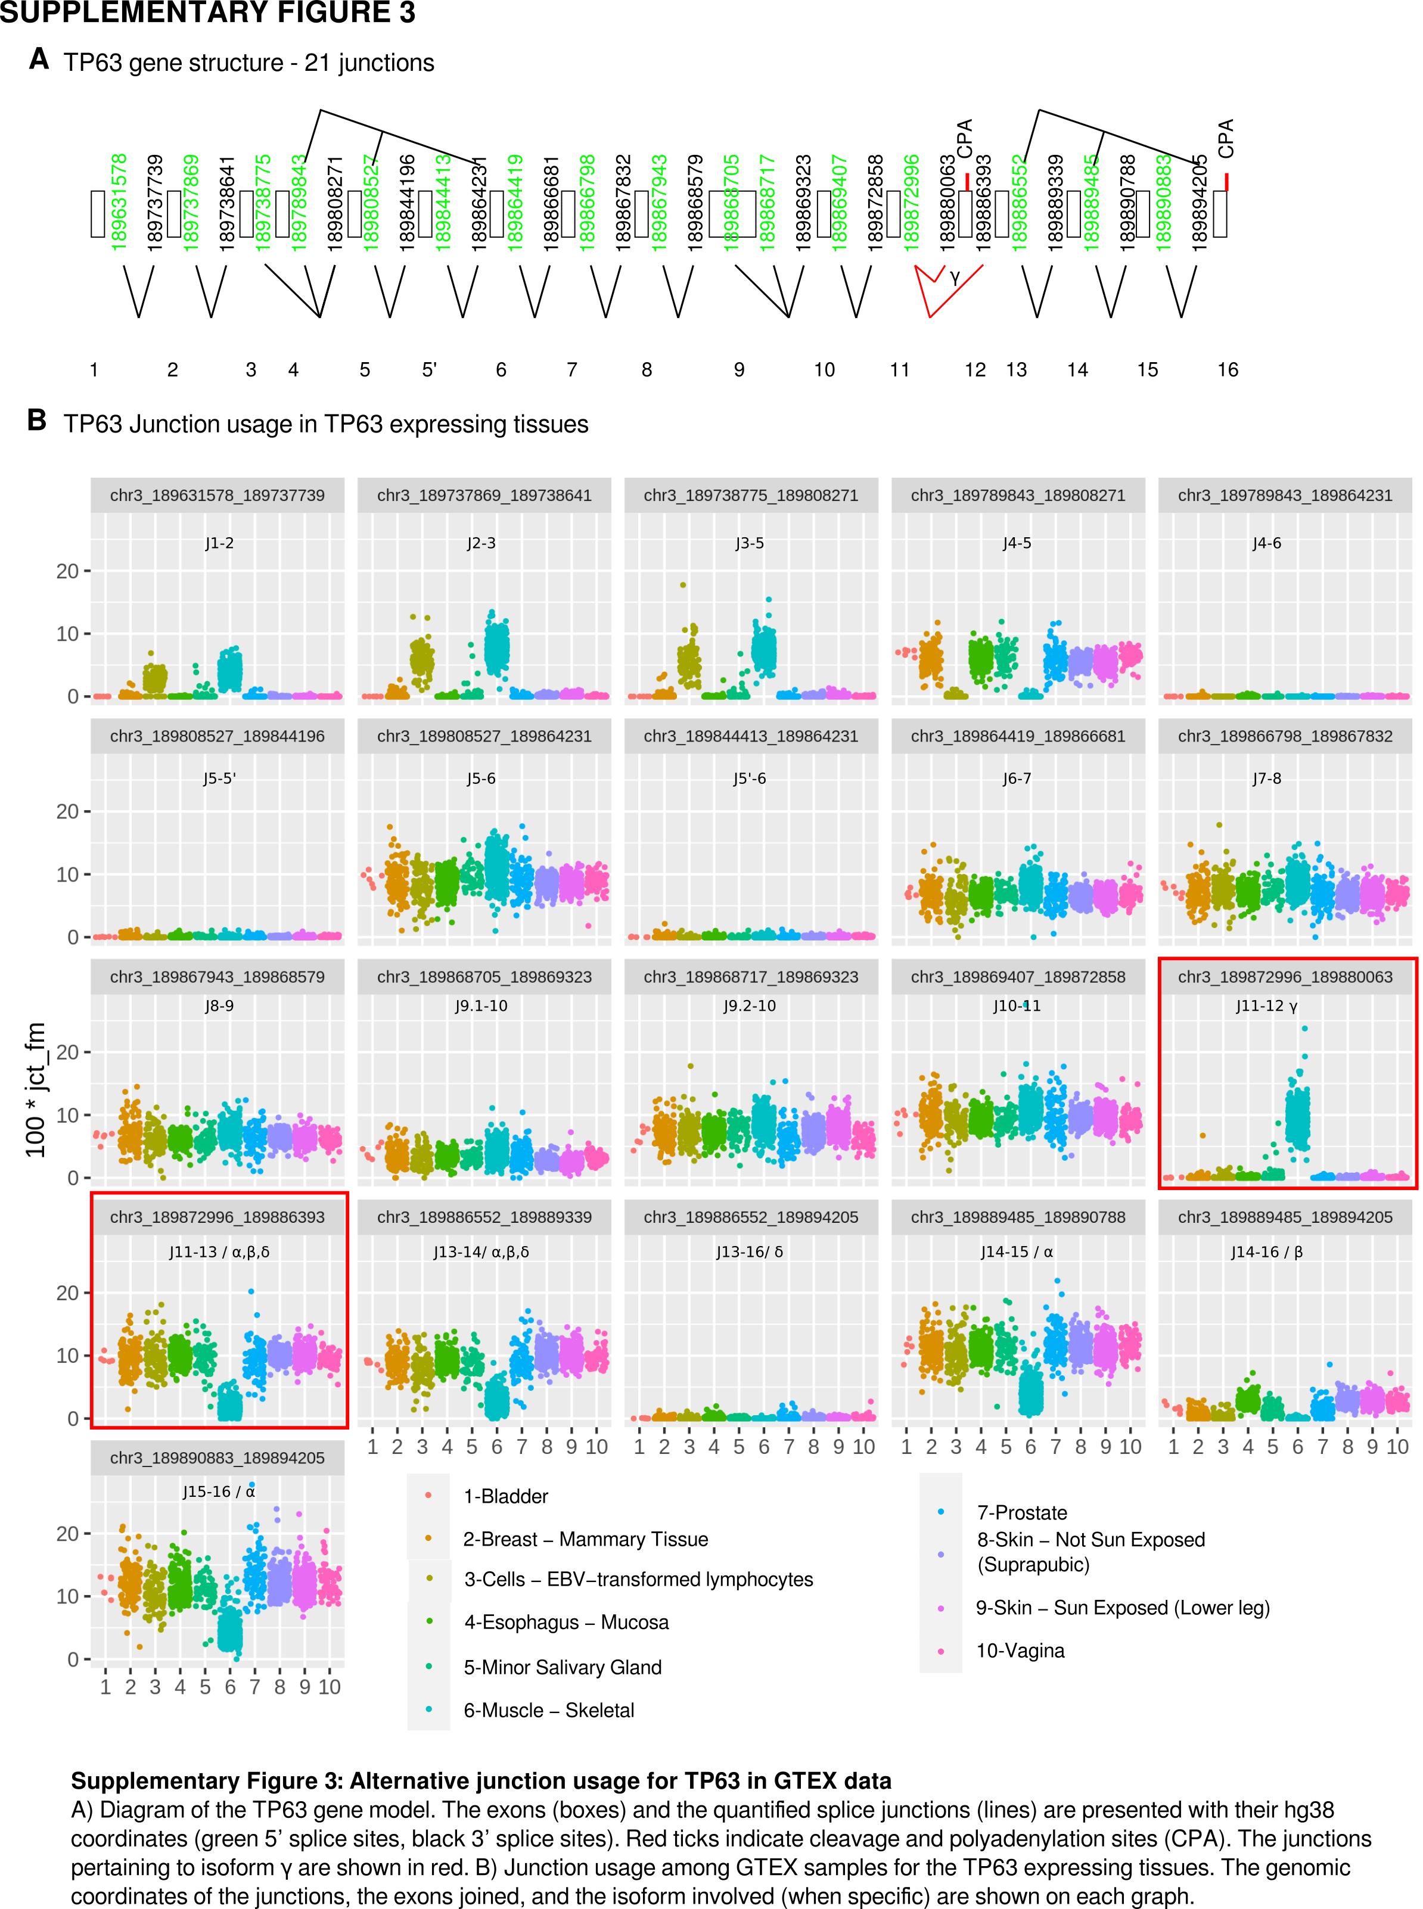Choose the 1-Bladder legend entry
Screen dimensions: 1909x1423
(506, 1497)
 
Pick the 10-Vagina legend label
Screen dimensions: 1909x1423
(1020, 1650)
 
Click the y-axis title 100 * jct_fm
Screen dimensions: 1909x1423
(36, 1089)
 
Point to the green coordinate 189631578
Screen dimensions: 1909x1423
(120, 203)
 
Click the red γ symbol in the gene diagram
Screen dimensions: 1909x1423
(955, 277)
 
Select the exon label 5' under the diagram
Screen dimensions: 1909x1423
(429, 369)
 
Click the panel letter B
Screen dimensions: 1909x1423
(36, 421)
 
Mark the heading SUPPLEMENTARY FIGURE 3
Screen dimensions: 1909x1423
(207, 13)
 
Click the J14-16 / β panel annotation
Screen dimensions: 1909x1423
(1266, 1252)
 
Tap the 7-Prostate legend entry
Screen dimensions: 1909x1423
(1021, 1513)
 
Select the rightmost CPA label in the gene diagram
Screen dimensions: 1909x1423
(1226, 138)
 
